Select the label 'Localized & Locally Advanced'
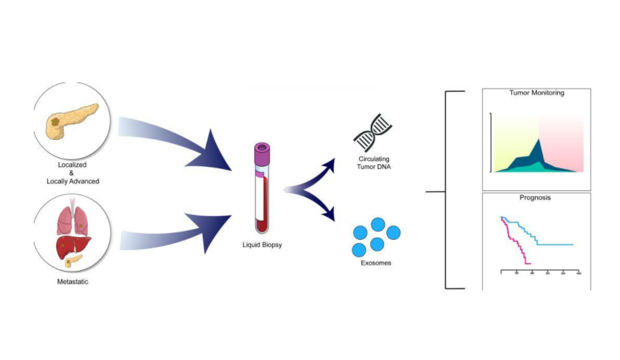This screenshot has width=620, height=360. coord(72,173)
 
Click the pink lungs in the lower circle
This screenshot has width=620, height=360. coord(72,220)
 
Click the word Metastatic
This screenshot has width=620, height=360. coord(72,281)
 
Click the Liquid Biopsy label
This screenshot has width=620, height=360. coord(262,245)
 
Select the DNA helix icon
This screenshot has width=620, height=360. coord(373,135)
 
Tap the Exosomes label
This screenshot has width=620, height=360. coord(376,263)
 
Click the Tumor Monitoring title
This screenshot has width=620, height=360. coord(536,93)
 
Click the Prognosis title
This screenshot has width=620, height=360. coord(536,199)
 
